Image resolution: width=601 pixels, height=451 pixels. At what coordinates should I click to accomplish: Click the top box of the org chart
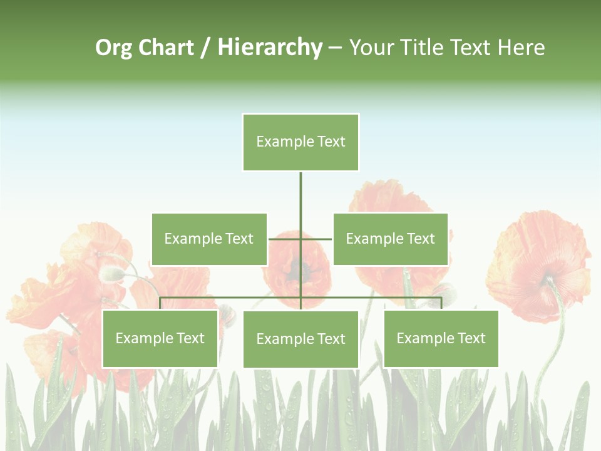point(300,142)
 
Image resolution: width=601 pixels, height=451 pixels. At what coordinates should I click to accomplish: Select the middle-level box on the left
point(209,239)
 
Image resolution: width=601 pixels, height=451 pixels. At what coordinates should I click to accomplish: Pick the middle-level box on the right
point(391,239)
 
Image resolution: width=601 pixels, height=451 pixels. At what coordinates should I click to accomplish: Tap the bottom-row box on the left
point(160,338)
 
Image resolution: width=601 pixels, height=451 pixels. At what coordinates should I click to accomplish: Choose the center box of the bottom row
point(300,339)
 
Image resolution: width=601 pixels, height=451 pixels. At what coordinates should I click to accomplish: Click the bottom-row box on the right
point(441,338)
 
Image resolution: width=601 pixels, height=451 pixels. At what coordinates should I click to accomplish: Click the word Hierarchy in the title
point(270,48)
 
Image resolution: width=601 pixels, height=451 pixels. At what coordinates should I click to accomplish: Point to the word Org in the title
point(114,48)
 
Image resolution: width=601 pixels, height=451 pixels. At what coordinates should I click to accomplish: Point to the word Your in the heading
point(372,48)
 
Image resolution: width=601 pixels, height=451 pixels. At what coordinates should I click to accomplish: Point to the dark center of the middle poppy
point(299,271)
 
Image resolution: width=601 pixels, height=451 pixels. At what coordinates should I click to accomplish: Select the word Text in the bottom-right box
point(471,338)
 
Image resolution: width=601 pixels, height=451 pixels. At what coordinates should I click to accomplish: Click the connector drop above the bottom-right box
point(441,303)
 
